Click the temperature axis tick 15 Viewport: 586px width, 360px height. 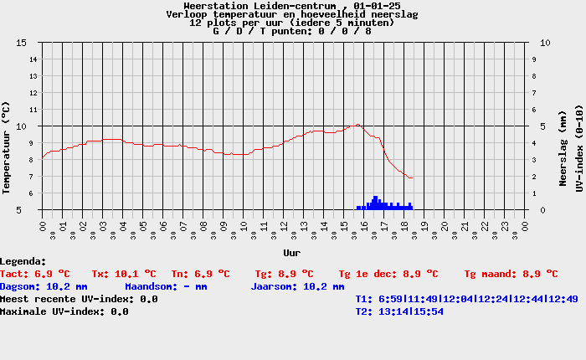click(x=22, y=43)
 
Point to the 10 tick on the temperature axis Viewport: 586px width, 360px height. click(x=22, y=126)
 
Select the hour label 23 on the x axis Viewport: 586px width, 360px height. click(x=506, y=227)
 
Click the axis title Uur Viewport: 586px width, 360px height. click(x=291, y=252)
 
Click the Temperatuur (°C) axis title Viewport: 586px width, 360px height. click(x=7, y=147)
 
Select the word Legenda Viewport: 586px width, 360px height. click(x=23, y=261)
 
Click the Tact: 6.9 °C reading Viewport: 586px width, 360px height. click(x=35, y=274)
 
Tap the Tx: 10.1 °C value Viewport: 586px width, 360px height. click(x=124, y=274)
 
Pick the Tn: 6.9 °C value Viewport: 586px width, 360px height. click(x=200, y=274)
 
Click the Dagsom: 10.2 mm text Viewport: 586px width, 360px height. click(x=44, y=286)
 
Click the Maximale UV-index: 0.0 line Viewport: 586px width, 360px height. click(x=64, y=311)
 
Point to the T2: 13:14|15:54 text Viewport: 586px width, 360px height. click(x=399, y=311)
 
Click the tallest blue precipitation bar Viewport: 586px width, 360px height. click(x=376, y=201)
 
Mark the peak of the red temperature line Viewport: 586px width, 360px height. click(x=357, y=125)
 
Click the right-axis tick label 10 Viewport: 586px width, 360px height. click(x=545, y=43)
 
